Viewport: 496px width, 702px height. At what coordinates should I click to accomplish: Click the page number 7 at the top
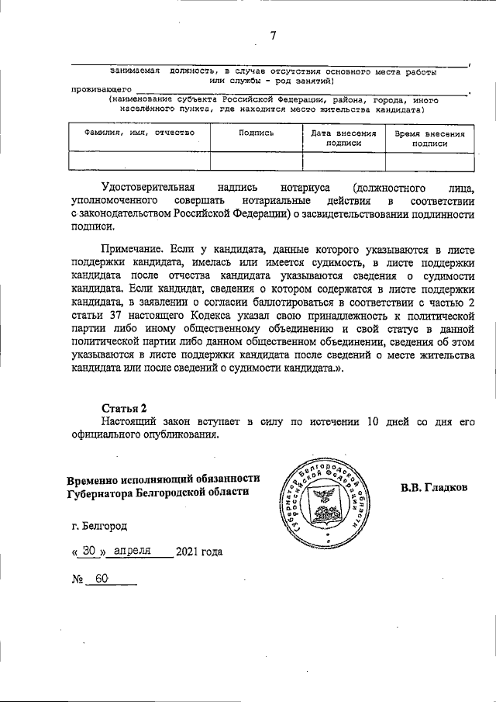click(273, 35)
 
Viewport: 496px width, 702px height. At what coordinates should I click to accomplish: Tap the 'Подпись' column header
click(257, 133)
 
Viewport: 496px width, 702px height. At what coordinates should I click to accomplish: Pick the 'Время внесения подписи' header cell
click(429, 137)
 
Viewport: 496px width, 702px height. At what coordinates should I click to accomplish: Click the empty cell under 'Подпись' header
click(257, 161)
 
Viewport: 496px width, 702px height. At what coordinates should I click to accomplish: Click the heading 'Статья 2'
click(123, 407)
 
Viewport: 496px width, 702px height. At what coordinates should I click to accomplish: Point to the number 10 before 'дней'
click(373, 421)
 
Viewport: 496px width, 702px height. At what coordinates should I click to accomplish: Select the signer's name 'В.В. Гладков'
click(435, 488)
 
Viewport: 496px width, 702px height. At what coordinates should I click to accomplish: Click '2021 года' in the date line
click(199, 552)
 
